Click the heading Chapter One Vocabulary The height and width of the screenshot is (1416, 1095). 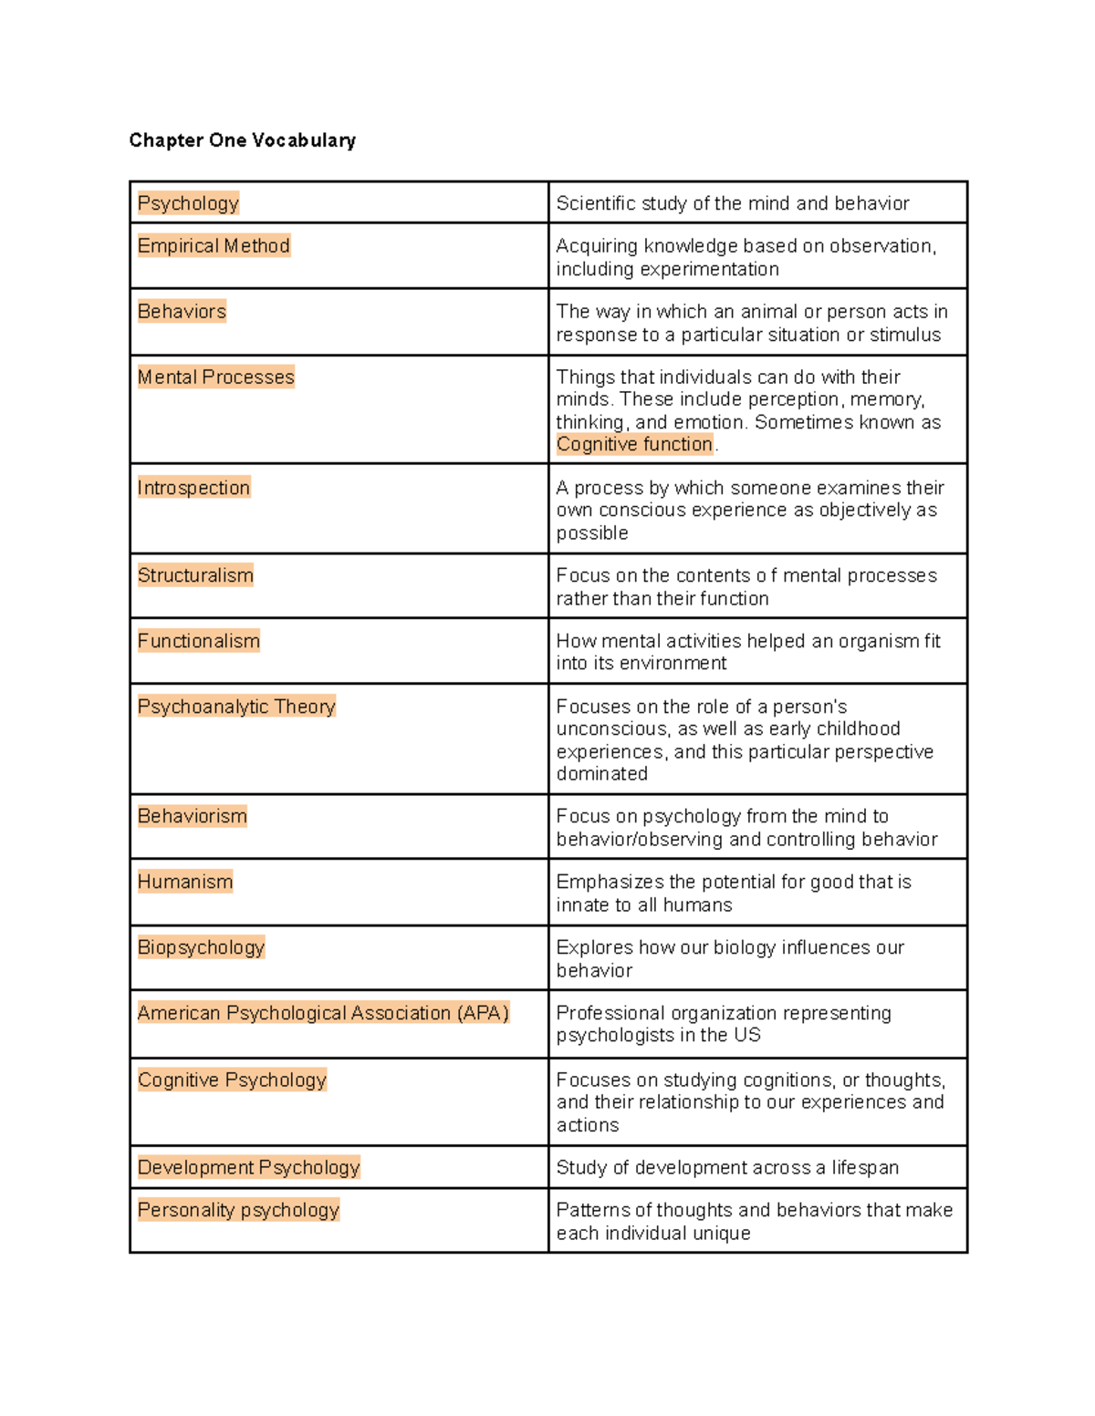coord(242,140)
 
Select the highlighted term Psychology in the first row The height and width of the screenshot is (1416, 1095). coord(188,203)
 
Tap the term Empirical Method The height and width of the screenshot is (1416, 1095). coord(214,246)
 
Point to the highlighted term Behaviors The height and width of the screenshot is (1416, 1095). coord(182,312)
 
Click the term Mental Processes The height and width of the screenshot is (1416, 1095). coord(215,377)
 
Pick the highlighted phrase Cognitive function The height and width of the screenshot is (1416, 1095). coord(634,444)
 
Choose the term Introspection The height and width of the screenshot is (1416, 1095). coord(193,488)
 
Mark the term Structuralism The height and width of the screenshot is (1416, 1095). coord(195,575)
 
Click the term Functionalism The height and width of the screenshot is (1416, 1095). coord(198,641)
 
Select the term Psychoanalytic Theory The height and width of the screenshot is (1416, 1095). coord(236,707)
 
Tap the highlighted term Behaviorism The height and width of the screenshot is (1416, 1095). coord(192,816)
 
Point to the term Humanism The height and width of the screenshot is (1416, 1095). coord(185,882)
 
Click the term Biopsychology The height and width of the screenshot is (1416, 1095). coord(201,947)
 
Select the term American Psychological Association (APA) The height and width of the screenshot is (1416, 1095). coord(323,1013)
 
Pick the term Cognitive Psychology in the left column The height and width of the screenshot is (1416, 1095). coord(232,1080)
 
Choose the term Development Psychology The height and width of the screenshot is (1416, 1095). coord(248,1167)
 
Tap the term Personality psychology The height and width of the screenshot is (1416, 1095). coord(238,1210)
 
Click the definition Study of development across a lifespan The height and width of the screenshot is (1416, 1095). coord(727,1168)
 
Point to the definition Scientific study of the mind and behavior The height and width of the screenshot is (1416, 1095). coord(732,203)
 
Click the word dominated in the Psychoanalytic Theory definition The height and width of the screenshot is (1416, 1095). coord(601,774)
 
